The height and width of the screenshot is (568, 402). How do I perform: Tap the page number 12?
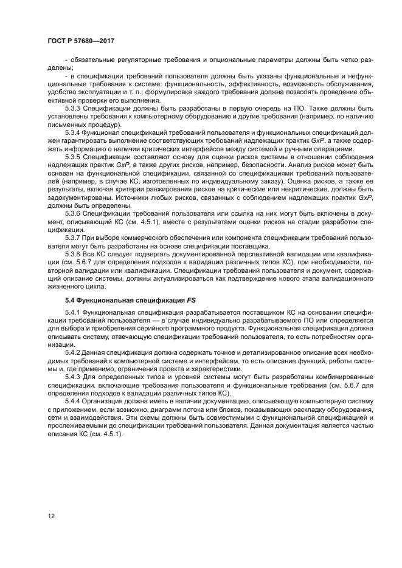[x=51, y=516]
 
